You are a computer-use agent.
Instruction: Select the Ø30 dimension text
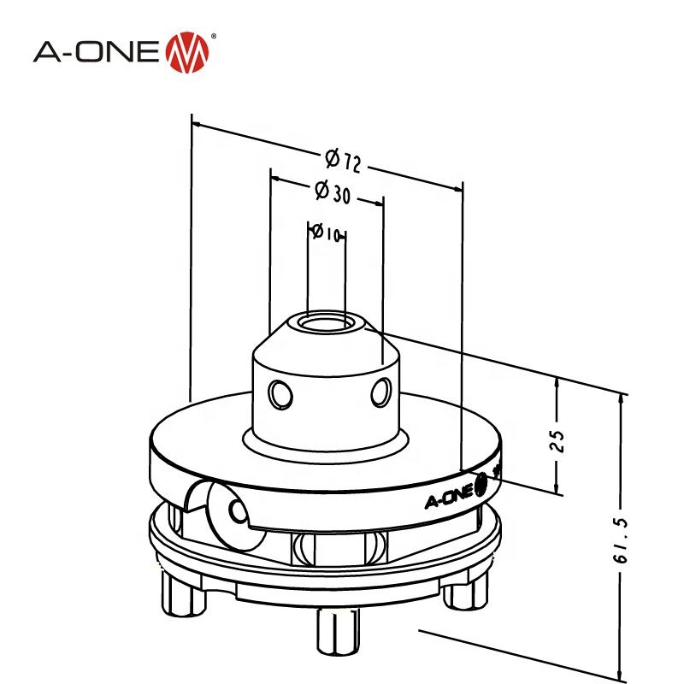click(333, 192)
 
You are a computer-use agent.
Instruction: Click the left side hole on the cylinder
click(279, 393)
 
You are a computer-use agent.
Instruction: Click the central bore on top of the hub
click(327, 324)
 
